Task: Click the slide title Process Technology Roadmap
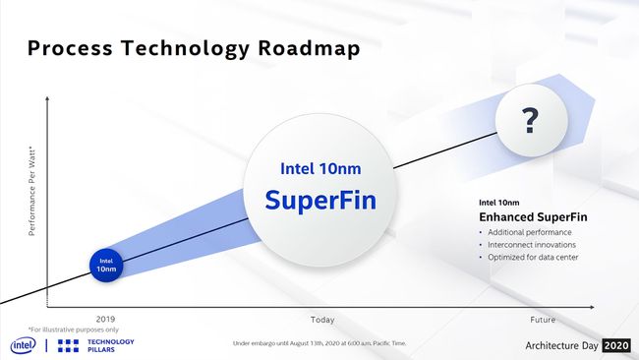click(193, 48)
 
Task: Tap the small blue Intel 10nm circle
click(106, 263)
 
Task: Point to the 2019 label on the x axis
click(105, 320)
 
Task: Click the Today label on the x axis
click(322, 320)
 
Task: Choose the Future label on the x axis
click(542, 320)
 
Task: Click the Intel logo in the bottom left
click(24, 344)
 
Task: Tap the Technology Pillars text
click(111, 344)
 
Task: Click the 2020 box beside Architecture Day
click(615, 345)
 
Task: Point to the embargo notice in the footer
click(319, 344)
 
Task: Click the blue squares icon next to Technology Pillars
click(69, 344)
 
